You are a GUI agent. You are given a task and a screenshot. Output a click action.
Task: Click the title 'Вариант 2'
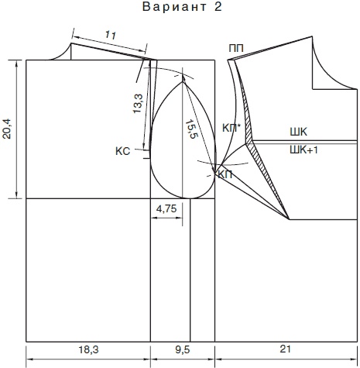click(182, 7)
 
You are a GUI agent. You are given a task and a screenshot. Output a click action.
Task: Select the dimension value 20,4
click(7, 129)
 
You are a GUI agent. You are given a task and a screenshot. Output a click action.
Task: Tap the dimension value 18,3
click(88, 350)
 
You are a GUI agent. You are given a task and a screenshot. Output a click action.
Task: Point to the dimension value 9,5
click(183, 350)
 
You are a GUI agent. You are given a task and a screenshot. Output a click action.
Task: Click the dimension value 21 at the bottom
click(285, 349)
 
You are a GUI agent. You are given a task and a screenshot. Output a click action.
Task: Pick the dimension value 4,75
click(166, 208)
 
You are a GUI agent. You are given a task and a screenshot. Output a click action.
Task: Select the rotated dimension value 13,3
click(138, 103)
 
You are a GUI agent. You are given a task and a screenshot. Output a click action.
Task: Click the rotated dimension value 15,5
click(191, 129)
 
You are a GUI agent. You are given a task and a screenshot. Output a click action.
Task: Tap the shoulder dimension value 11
click(111, 35)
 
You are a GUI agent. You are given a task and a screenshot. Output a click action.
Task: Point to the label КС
click(123, 151)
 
